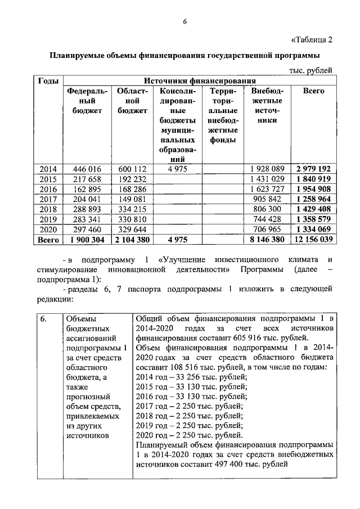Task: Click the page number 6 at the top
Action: click(x=184, y=22)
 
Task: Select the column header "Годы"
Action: click(x=48, y=81)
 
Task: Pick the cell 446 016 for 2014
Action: click(x=83, y=168)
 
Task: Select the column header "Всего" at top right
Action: click(x=313, y=91)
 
